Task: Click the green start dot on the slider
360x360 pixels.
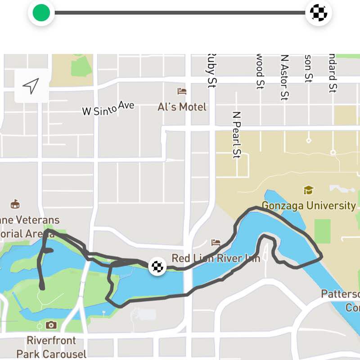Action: coord(41,13)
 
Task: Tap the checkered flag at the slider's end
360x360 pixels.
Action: coord(319,13)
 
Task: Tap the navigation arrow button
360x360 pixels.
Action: coord(31,85)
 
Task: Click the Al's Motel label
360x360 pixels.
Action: coord(182,107)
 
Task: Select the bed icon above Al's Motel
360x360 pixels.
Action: coord(182,91)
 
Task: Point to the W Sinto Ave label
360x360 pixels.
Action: coord(108,108)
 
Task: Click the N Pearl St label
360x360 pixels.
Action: coord(237,135)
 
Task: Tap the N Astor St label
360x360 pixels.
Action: coord(284,77)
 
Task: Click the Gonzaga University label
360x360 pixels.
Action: coord(309,206)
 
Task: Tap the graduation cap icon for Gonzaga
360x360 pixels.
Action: coord(309,190)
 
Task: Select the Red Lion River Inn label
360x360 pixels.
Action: coord(216,259)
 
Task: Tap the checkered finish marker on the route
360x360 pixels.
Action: coord(157,266)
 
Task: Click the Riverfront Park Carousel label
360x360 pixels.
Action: coord(51,347)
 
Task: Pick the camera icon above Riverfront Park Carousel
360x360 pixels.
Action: coord(51,324)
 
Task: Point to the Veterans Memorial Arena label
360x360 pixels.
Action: coord(30,226)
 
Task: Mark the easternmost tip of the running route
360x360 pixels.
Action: coord(322,257)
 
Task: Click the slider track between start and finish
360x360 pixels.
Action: coord(180,13)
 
